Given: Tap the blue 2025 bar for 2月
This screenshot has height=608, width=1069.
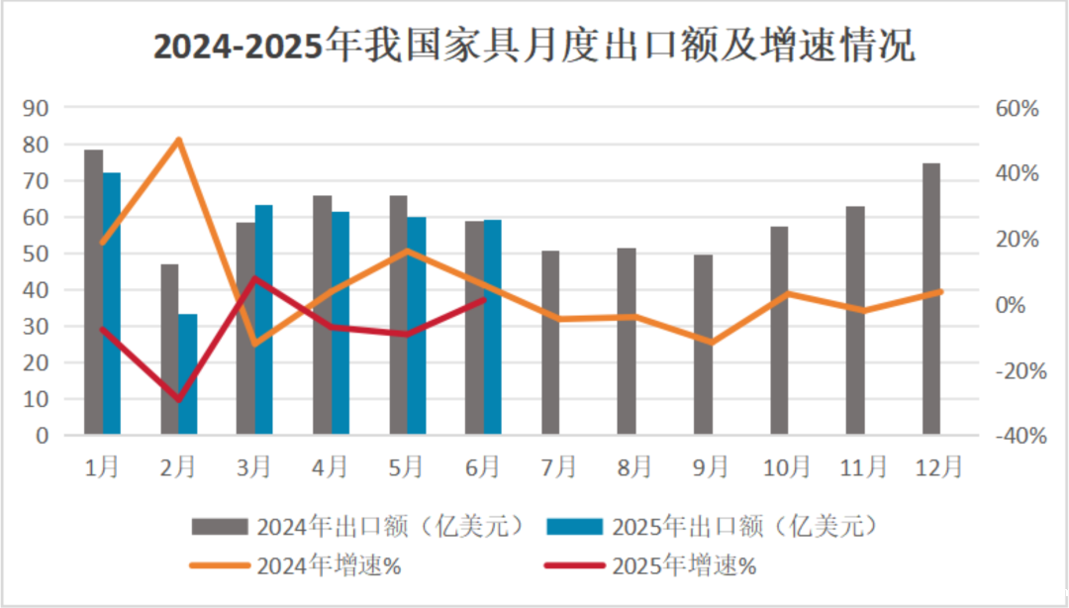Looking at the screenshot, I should click(x=187, y=374).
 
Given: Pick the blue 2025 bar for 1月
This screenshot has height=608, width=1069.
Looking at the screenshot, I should click(x=112, y=303).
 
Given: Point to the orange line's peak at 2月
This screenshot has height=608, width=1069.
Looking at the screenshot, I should click(x=178, y=140).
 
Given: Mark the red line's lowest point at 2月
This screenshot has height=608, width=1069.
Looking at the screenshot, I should click(x=179, y=400).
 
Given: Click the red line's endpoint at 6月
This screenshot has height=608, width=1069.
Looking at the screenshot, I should click(x=483, y=299).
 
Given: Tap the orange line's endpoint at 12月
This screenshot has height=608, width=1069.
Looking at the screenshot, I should click(x=940, y=292).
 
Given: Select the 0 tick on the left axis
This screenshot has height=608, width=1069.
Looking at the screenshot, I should click(x=43, y=436).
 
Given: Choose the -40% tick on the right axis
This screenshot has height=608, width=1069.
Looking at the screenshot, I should click(x=1014, y=436).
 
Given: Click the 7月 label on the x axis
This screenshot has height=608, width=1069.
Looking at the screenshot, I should click(x=559, y=465).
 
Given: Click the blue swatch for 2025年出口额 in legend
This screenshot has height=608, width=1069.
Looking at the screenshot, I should click(x=573, y=525).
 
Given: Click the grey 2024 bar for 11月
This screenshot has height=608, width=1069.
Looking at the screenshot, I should click(x=855, y=321).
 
